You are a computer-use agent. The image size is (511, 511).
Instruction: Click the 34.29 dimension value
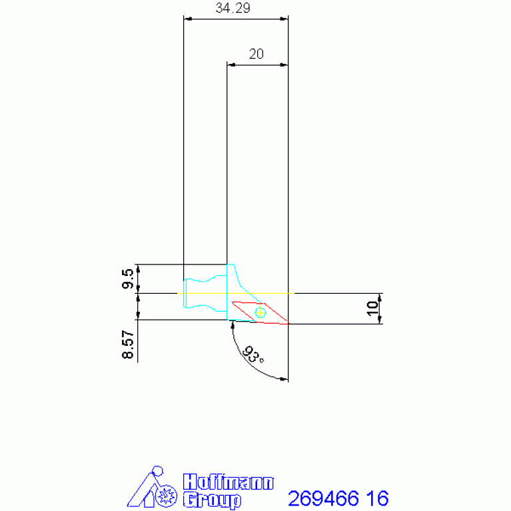(x=233, y=8)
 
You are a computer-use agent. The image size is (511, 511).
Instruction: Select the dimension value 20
(x=256, y=54)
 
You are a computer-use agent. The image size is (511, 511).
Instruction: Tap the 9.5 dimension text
(x=128, y=278)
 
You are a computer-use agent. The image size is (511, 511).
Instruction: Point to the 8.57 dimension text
(x=128, y=344)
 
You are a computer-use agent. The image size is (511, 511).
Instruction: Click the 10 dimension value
(x=373, y=308)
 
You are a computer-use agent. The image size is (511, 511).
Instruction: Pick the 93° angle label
(x=253, y=354)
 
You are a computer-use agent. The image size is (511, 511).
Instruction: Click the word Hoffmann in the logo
(x=228, y=482)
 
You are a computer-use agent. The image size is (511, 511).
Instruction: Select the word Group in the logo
(x=212, y=500)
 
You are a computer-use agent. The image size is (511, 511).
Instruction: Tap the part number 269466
(x=323, y=498)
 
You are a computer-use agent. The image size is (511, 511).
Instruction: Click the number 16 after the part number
(x=377, y=498)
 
